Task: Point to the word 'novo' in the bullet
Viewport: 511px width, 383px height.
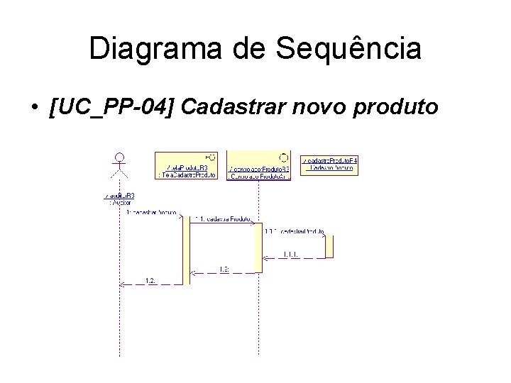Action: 324,107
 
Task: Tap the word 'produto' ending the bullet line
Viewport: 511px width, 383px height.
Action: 398,107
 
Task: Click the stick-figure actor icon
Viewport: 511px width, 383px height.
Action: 120,166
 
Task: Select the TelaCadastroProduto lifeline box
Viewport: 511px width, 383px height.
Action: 187,165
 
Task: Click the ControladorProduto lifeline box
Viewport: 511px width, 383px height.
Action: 258,165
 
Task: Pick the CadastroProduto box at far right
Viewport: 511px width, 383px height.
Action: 329,164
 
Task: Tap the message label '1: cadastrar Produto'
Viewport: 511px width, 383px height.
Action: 151,211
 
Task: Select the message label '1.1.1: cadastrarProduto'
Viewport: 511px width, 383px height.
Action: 294,231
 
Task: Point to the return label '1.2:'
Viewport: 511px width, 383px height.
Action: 150,282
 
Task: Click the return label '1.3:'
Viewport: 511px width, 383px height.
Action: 223,268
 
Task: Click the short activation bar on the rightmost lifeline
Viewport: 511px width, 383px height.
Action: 329,246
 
